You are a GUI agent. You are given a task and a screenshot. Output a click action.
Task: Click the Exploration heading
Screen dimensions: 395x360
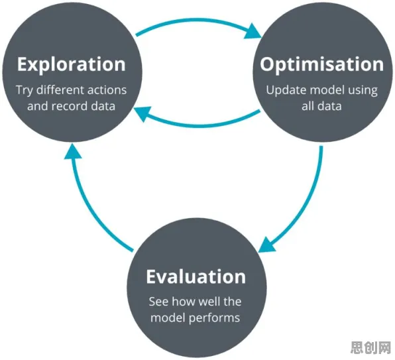72,65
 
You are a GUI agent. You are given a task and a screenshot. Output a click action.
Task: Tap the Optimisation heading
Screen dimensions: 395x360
321,65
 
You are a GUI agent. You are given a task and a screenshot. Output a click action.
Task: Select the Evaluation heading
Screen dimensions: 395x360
196,276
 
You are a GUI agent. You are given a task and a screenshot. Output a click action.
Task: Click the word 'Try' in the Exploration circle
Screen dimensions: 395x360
24,91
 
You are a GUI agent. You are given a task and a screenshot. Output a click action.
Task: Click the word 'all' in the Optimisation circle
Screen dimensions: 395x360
308,106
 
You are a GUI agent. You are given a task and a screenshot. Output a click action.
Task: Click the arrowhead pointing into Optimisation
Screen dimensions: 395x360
253,31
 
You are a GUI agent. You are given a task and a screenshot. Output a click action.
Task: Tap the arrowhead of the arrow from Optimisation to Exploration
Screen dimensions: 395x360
142,113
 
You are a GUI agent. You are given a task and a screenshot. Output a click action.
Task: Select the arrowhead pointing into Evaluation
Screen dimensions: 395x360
267,245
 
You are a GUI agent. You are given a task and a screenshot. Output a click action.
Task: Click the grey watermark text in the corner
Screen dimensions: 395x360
370,347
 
